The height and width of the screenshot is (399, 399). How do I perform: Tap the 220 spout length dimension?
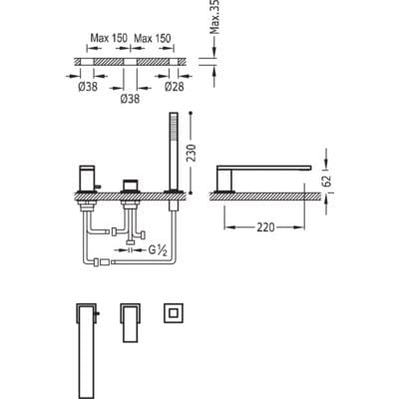coord(265,227)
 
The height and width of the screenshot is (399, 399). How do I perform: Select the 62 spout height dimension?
coord(326,180)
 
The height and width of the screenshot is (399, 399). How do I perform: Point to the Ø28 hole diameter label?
coord(175,87)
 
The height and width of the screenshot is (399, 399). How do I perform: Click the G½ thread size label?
coord(158,250)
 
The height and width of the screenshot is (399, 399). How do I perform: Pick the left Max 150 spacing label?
coord(109,38)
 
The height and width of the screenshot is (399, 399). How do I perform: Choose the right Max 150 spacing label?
coord(153,38)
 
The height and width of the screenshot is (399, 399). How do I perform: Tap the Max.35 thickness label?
coord(216,17)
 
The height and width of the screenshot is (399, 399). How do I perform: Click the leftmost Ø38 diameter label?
coord(88,87)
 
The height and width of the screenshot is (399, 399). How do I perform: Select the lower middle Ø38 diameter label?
coord(130,99)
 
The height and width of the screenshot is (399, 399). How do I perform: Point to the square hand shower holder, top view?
coord(174,312)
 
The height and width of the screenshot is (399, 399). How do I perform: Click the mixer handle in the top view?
coord(130,322)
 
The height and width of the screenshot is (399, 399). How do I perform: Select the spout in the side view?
coord(263,177)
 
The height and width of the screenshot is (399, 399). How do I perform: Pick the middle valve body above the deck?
coord(130,186)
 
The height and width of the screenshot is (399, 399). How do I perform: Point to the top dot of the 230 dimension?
coord(191,114)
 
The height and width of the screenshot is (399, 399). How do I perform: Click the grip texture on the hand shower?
coord(173,134)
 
